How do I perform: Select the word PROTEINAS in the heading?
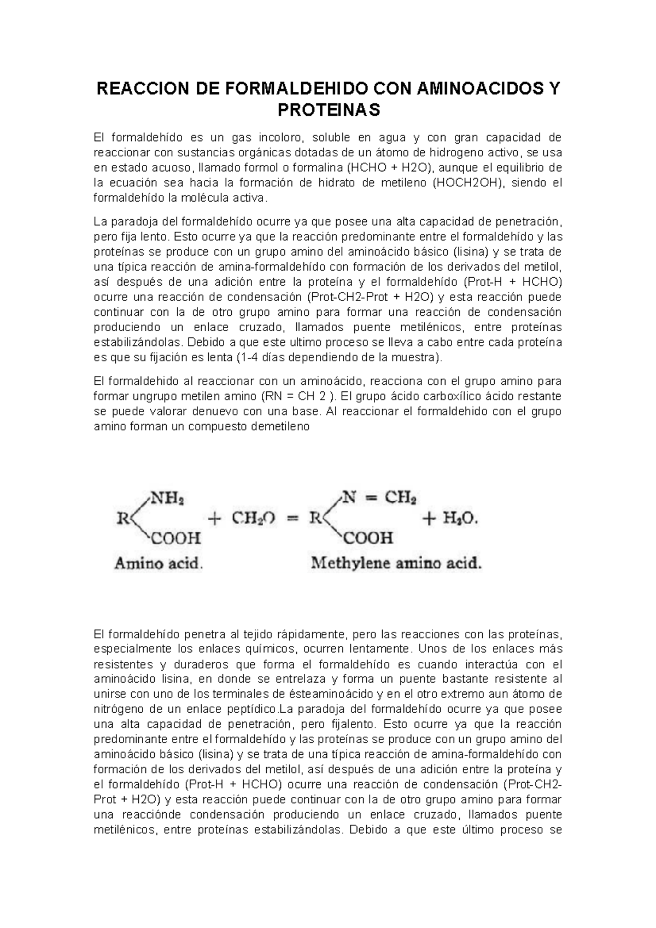pos(328,110)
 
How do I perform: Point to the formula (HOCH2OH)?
pos(470,183)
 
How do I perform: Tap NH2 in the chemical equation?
pos(167,498)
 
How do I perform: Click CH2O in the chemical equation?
pos(253,519)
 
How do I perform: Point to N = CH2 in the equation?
pos(379,498)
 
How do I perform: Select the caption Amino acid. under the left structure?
pos(159,563)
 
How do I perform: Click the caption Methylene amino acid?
pos(396,563)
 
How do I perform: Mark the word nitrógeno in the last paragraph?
pos(119,709)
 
